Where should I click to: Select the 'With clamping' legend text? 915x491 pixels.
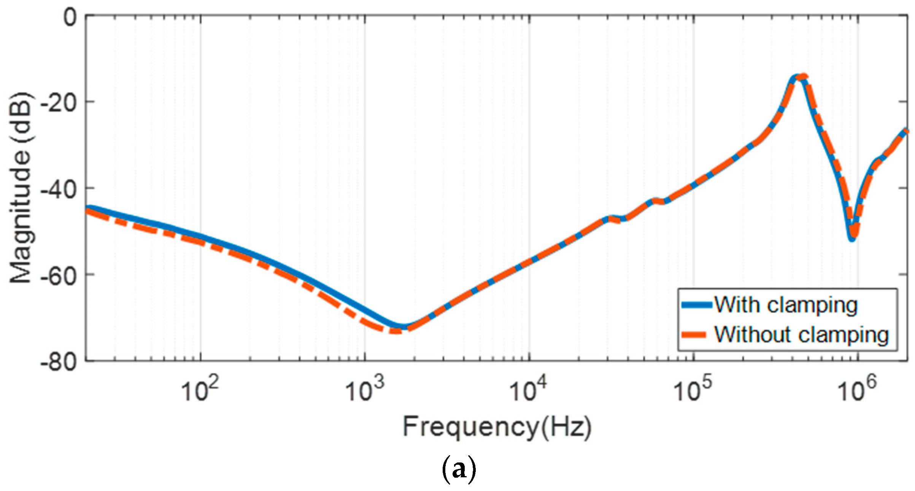(x=786, y=305)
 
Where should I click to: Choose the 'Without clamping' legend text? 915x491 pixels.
(x=801, y=335)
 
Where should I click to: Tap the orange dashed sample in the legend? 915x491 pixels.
(x=696, y=335)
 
